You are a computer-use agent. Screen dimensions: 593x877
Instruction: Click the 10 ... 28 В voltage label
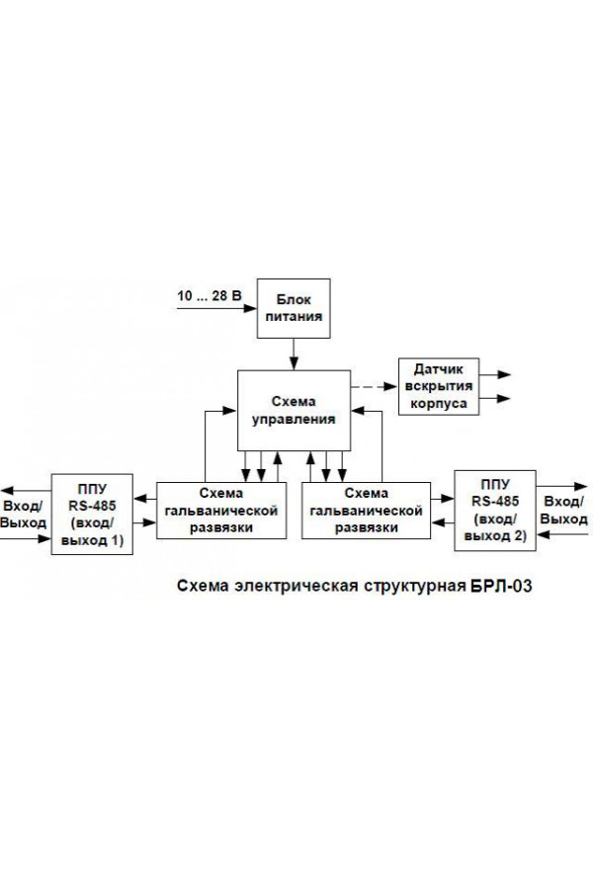tap(210, 295)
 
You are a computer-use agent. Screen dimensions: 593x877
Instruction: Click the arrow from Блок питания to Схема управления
tap(294, 354)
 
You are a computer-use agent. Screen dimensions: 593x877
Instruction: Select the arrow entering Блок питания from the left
tap(216, 308)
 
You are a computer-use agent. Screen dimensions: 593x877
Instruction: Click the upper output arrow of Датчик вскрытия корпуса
tap(495, 374)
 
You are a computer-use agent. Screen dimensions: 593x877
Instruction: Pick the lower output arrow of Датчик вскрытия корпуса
tap(495, 399)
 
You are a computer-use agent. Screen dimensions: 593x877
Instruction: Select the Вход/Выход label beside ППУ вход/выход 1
tap(23, 515)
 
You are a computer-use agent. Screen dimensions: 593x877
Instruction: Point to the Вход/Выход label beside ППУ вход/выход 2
tap(564, 510)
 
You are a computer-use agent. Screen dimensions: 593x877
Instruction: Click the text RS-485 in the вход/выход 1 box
tap(92, 506)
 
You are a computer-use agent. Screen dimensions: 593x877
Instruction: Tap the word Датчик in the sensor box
tap(439, 369)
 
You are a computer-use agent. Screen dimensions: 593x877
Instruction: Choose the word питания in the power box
tap(294, 317)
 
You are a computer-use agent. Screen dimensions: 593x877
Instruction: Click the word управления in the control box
tap(294, 420)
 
